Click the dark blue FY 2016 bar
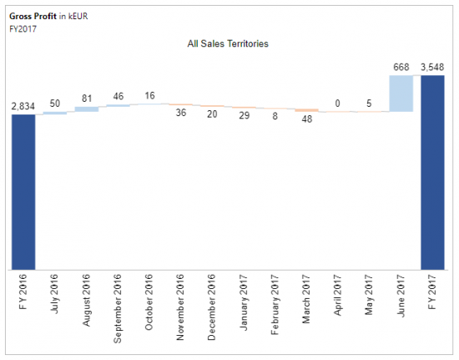coord(23,191)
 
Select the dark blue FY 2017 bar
coord(432,172)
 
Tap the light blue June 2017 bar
coord(401,93)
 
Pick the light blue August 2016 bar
coord(86,109)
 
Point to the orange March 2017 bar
coord(306,109)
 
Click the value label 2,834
coord(23,106)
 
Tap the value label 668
coord(401,67)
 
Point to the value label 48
coord(306,119)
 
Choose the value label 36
coord(180,113)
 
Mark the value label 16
coord(149,96)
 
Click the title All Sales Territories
coord(227,43)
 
